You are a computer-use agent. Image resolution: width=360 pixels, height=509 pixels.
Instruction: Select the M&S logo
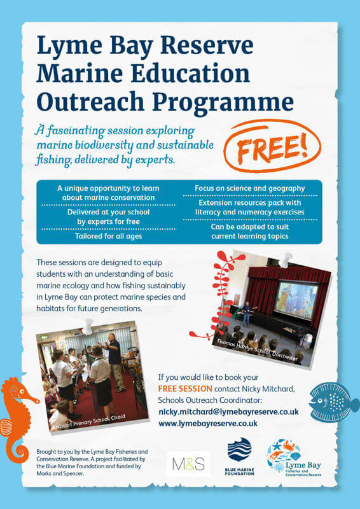tap(188, 464)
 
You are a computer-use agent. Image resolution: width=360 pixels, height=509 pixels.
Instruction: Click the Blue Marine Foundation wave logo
tap(240, 450)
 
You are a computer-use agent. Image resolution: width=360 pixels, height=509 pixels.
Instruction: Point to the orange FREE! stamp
tap(272, 145)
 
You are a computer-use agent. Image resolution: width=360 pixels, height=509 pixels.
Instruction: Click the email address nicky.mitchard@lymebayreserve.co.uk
tap(228, 412)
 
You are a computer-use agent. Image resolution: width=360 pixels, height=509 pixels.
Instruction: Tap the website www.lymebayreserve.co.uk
tap(208, 423)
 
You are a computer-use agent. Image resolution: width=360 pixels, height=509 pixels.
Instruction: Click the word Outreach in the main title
tap(90, 101)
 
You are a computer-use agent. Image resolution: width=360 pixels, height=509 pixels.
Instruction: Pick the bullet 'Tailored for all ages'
tap(108, 236)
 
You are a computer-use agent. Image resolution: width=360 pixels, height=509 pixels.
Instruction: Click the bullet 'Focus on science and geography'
tap(249, 188)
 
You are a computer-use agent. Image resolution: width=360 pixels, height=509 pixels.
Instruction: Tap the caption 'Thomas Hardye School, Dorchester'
tap(257, 351)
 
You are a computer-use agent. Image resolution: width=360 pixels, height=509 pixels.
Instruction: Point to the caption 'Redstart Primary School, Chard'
tap(88, 422)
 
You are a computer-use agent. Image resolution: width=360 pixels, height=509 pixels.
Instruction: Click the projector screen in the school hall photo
tap(296, 300)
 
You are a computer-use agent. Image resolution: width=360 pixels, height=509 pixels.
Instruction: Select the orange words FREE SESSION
tap(185, 389)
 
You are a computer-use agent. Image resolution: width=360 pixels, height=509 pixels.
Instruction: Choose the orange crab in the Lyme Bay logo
tap(287, 445)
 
